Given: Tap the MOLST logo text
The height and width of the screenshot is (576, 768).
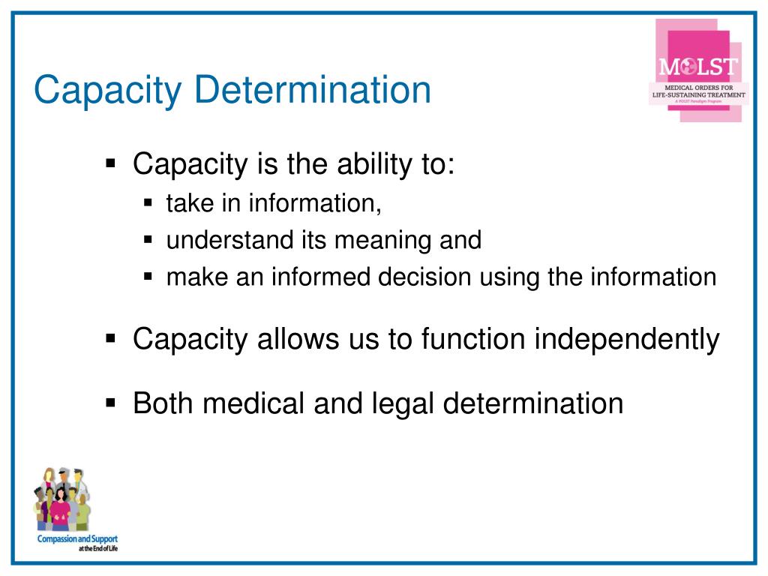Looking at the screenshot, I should [698, 67].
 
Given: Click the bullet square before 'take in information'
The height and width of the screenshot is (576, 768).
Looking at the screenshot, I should [148, 203].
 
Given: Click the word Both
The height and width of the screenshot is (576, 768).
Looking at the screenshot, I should [163, 403].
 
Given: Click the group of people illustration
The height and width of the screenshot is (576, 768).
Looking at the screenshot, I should [61, 499].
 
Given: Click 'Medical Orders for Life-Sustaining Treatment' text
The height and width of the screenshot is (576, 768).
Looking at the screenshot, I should [698, 92].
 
